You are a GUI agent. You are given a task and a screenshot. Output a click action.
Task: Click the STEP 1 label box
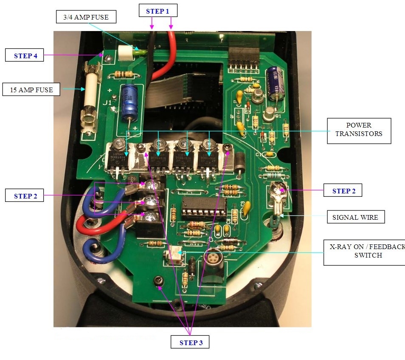point(158,11)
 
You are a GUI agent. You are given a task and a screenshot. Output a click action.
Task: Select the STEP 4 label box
point(25,56)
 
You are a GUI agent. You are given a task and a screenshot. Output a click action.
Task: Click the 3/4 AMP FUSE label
point(86,17)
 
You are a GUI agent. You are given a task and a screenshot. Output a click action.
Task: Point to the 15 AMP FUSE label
point(31,90)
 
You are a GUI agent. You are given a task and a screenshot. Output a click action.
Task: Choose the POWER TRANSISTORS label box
point(358,130)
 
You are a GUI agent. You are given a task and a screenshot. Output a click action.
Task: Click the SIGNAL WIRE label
point(355,218)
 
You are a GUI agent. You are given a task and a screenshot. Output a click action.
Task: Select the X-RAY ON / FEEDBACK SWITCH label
point(364,251)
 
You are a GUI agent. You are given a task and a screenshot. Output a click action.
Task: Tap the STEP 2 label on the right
point(343,191)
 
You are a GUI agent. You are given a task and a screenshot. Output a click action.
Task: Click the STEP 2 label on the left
point(25,196)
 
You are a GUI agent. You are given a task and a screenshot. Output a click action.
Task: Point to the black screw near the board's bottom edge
point(157,281)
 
